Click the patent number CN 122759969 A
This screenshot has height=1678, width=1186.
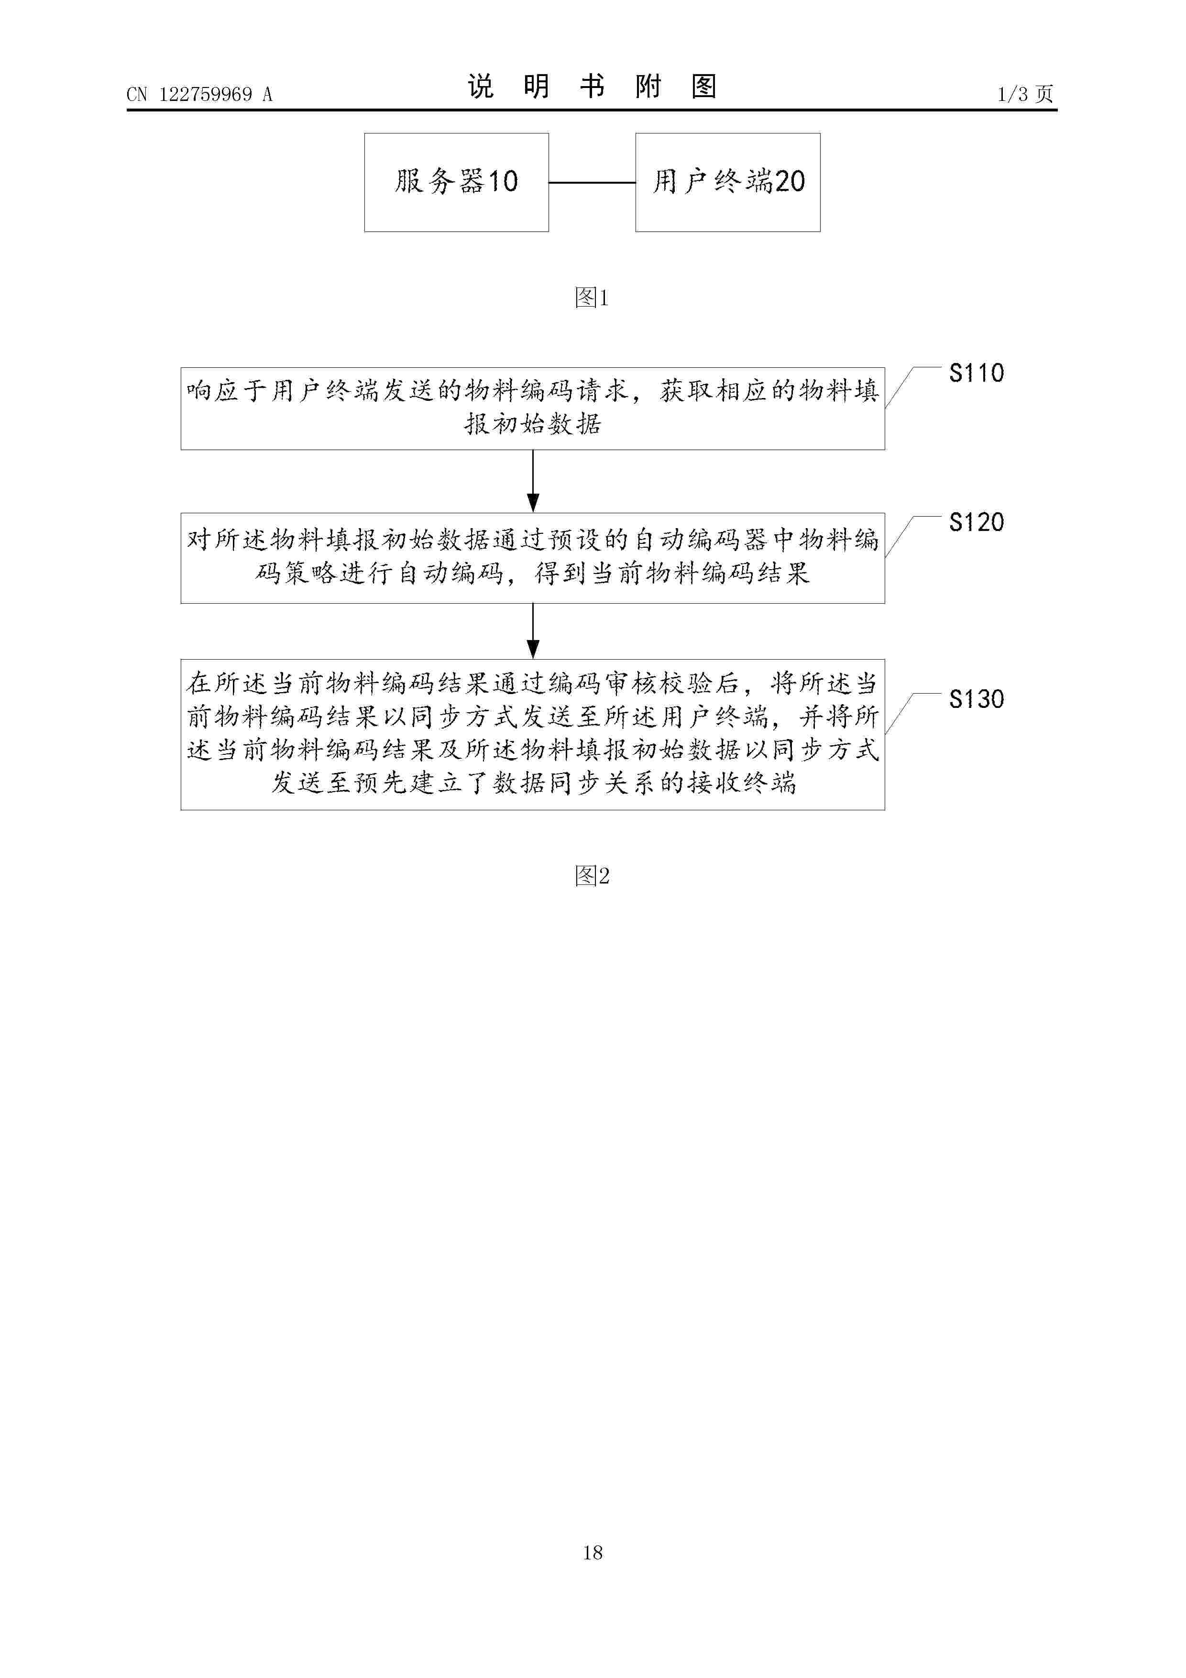click(199, 94)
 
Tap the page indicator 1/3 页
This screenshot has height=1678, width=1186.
click(1025, 94)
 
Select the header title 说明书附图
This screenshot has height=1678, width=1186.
click(592, 87)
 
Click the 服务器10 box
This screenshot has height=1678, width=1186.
click(457, 183)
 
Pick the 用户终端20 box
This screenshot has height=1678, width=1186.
click(728, 183)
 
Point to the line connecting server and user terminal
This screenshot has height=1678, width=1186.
click(592, 183)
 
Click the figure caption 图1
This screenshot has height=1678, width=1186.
click(592, 298)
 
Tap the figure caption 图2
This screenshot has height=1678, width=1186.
click(592, 875)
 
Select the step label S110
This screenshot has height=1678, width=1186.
click(976, 374)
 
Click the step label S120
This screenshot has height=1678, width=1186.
click(976, 522)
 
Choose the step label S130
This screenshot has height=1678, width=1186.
click(976, 699)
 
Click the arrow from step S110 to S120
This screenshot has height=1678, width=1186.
click(533, 481)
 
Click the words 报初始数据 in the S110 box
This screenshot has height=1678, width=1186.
click(533, 424)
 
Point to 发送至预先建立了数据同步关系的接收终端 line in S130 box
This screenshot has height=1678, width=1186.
click(533, 783)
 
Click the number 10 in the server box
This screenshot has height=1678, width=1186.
click(503, 181)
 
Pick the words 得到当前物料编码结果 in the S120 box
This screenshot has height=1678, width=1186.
click(672, 573)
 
